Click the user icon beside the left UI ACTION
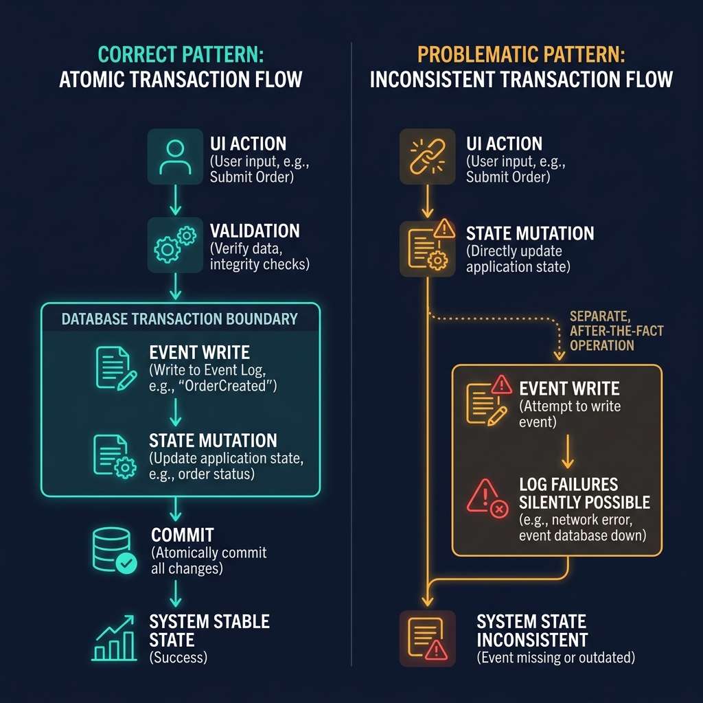tap(174, 157)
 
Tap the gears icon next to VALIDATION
tap(174, 244)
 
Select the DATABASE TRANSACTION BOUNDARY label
tap(180, 319)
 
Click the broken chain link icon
tap(427, 157)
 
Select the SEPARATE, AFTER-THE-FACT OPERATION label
tap(616, 331)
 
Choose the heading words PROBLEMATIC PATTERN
tap(521, 55)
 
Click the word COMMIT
tap(183, 535)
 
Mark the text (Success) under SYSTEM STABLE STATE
tap(178, 657)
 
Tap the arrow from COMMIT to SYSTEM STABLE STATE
tap(176, 592)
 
